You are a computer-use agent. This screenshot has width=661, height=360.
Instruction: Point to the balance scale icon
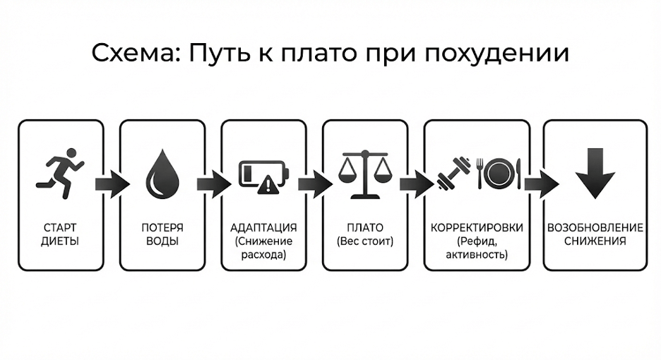(x=364, y=174)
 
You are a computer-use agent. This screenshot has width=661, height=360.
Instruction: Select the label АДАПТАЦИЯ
(x=263, y=228)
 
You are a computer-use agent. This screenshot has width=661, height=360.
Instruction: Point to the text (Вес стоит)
(x=365, y=241)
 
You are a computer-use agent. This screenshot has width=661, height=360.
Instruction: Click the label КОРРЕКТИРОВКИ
(x=477, y=228)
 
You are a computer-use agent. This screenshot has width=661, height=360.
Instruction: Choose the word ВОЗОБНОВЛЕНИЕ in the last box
(x=595, y=228)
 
